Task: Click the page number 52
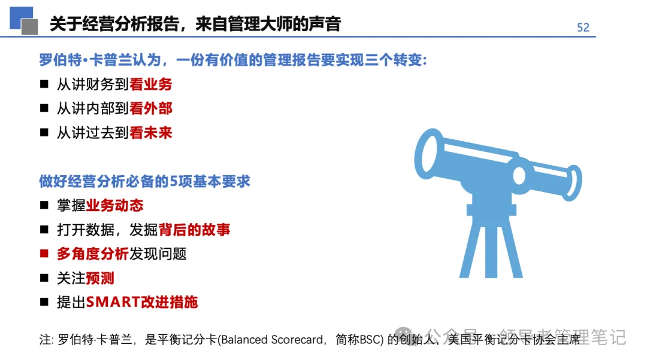[583, 28]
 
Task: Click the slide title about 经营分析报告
[195, 24]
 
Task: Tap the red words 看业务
[151, 85]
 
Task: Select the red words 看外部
[151, 109]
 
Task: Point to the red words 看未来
[151, 133]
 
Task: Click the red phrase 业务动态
[115, 206]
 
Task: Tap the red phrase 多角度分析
[93, 254]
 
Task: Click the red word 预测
[100, 278]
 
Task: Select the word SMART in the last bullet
[113, 302]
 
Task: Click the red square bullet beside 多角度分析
[44, 254]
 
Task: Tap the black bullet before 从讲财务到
[44, 85]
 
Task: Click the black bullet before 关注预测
[44, 278]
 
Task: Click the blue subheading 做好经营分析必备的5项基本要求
[144, 181]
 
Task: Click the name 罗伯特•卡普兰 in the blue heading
[76, 60]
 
